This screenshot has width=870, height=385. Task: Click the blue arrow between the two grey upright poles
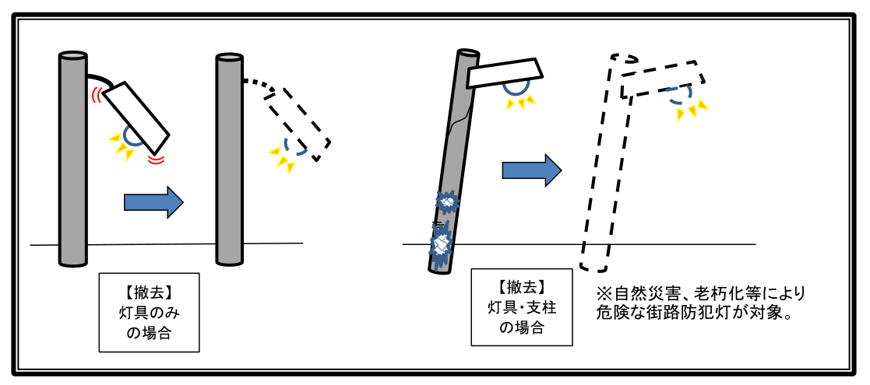click(153, 202)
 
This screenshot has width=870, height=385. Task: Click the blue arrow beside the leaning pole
click(531, 170)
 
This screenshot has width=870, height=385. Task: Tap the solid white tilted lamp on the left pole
click(137, 117)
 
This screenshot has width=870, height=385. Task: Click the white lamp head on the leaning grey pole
click(505, 72)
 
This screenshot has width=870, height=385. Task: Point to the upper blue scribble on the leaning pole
click(447, 201)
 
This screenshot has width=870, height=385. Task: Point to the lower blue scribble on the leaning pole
click(442, 242)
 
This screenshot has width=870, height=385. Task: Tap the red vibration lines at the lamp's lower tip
click(157, 160)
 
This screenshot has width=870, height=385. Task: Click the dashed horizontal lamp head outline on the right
click(663, 78)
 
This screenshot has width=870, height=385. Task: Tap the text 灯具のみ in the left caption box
click(149, 313)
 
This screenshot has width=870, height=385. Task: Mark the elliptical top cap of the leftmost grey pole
click(73, 55)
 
